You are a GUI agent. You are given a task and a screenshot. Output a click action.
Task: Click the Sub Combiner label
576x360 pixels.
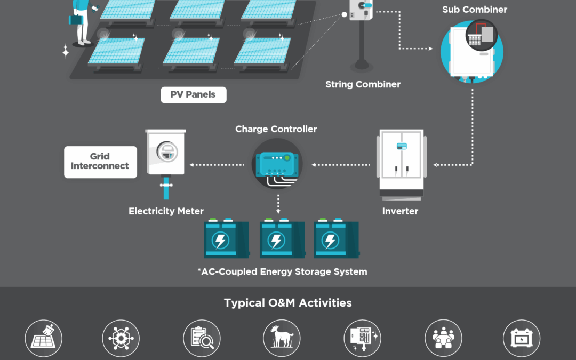coord(474,10)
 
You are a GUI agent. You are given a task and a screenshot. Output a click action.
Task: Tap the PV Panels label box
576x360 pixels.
coord(193,94)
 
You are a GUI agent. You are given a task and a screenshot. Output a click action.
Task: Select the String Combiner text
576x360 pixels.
coord(363,84)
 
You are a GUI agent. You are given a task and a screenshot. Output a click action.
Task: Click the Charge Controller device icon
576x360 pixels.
coord(277,163)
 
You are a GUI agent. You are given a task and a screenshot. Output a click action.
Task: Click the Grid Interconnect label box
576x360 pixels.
coord(100,161)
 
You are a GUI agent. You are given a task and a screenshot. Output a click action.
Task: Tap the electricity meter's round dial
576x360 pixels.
coord(166,152)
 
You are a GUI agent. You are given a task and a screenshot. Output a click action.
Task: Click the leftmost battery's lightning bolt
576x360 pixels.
coord(220,241)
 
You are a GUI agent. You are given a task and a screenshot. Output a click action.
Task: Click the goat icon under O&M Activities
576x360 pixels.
coord(282,338)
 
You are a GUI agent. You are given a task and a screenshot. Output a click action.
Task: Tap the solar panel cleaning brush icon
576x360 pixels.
coord(44,338)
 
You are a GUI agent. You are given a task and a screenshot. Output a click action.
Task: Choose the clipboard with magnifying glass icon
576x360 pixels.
coord(202,338)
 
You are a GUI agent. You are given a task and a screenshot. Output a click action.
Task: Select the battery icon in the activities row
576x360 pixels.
coord(521,338)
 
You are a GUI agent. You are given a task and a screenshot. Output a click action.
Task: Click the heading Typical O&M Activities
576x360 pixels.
coord(288,303)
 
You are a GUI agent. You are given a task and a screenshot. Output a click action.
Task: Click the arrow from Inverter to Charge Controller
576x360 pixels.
coord(341,165)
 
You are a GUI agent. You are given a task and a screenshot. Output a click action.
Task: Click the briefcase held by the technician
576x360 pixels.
coord(75,20)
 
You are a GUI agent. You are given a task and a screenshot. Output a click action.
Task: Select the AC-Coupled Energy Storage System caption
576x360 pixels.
coord(282,271)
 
